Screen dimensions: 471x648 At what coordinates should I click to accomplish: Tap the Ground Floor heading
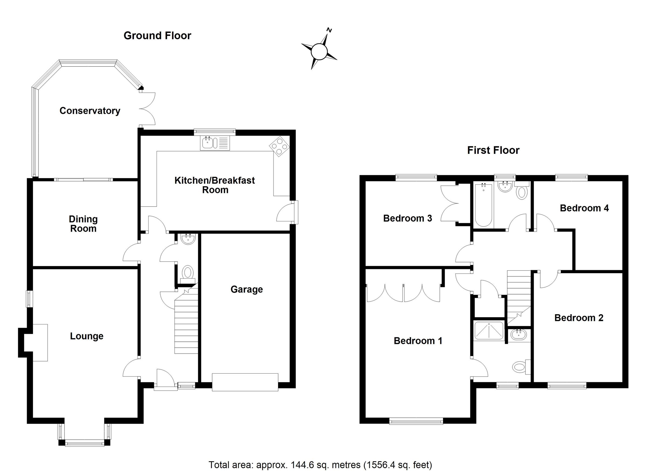(157, 36)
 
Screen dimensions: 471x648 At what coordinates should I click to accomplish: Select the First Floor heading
(493, 150)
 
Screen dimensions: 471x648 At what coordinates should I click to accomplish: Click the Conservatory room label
(90, 111)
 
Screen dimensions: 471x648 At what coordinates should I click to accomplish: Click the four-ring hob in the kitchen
(279, 147)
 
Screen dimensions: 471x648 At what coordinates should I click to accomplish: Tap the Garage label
(247, 289)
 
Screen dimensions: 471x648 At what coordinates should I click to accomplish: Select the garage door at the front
(245, 382)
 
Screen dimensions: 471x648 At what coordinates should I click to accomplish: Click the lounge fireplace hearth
(40, 343)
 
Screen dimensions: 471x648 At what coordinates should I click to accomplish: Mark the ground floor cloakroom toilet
(187, 272)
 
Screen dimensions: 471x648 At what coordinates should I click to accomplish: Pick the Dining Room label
(83, 224)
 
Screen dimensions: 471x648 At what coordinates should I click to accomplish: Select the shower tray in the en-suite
(489, 331)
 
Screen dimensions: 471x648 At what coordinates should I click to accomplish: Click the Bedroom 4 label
(584, 208)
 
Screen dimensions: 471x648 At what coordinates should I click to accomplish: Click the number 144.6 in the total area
(301, 465)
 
